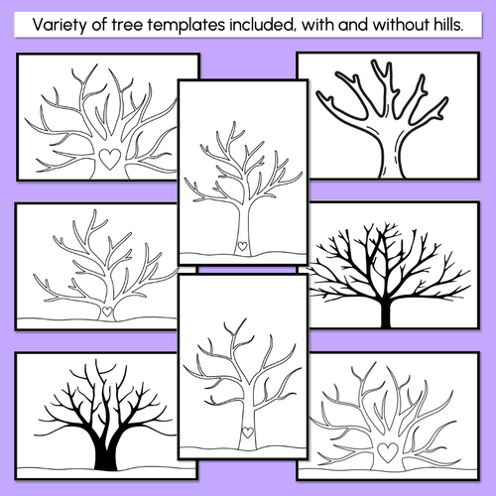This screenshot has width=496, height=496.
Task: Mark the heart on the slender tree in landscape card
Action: [106, 310]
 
